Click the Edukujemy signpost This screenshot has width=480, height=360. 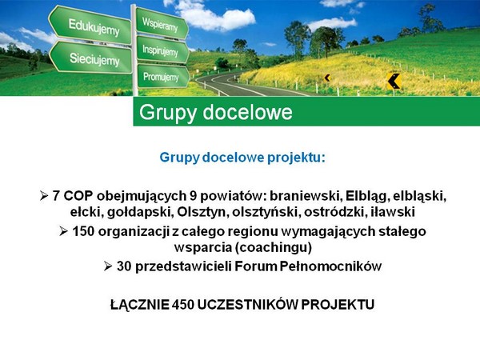point(90,25)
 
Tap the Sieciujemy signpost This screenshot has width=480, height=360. point(91,58)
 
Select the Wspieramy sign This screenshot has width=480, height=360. point(162,23)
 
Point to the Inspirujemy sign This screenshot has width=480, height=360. point(162,50)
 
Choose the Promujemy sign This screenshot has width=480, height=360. point(162,76)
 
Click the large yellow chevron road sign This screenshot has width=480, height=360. point(394,81)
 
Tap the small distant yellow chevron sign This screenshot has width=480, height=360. point(327,78)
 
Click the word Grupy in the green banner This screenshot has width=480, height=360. point(167,113)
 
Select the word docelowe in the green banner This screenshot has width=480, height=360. point(247,112)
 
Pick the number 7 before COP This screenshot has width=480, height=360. point(56,196)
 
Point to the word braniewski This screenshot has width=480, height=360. point(306,196)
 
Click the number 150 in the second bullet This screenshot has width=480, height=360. point(83,231)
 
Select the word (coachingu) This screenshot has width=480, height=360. point(273,247)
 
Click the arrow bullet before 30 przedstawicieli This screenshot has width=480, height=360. point(108,266)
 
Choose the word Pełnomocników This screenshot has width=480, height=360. point(331,266)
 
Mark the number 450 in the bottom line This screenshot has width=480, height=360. point(182,305)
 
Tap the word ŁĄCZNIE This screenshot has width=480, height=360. point(139,305)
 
